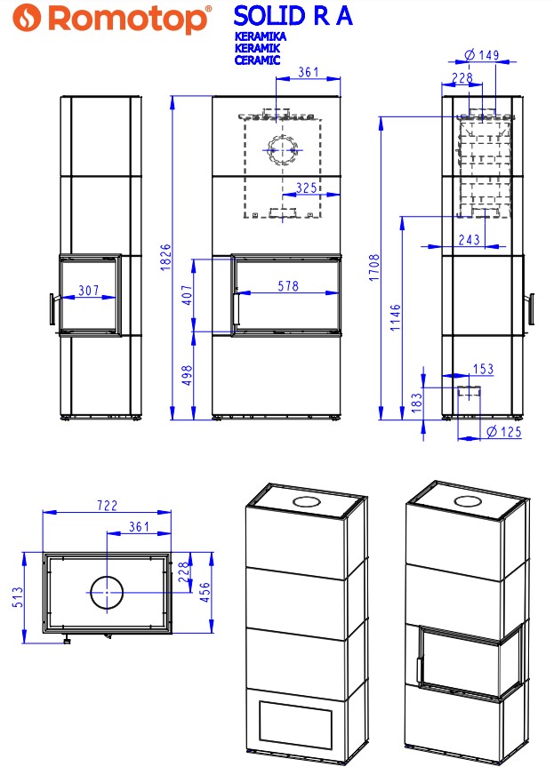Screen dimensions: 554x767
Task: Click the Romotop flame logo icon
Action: point(27,18)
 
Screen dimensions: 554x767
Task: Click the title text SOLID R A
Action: point(293,16)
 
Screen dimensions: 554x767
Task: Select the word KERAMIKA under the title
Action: point(260,36)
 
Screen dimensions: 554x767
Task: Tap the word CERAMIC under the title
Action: point(257,60)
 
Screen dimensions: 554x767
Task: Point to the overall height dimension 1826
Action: point(165,257)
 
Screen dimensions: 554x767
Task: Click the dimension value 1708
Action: point(373,268)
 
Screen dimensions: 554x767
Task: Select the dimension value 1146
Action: point(396,317)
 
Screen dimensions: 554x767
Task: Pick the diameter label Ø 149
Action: point(481,55)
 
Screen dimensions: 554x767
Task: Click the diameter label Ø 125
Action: point(504,431)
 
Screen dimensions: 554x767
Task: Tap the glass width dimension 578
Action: point(288,285)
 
